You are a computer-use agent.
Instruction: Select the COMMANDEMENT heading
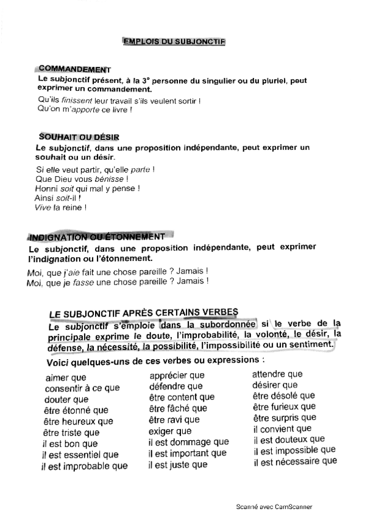[74, 70]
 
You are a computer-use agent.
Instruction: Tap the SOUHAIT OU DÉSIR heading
[79, 137]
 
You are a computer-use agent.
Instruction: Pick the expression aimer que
[66, 378]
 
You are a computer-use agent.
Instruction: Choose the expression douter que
[67, 399]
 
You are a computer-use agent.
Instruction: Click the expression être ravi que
[174, 419]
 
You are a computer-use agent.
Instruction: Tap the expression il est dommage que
[189, 442]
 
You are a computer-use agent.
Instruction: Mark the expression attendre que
[277, 374]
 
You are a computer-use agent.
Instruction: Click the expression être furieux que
[284, 406]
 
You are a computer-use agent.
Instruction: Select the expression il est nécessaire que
[296, 461]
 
